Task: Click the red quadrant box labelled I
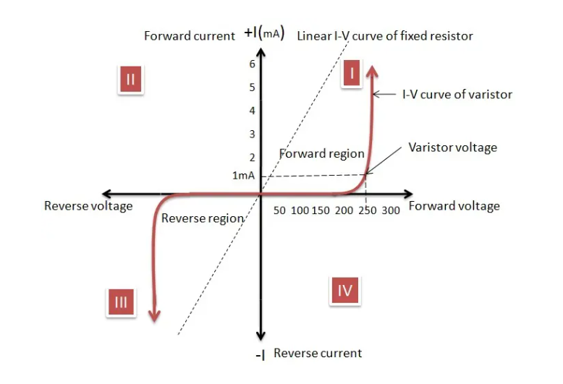351,74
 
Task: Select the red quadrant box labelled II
131,79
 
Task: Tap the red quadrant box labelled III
121,302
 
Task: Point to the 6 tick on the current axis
252,64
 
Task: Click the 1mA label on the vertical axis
243,175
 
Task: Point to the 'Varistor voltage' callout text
452,148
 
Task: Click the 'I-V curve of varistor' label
457,94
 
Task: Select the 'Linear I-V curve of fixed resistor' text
385,35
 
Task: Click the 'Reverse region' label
202,218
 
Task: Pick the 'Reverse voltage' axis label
88,206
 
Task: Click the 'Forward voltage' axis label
454,206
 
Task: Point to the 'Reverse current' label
318,353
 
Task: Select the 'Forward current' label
190,35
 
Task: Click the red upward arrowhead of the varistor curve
372,70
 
